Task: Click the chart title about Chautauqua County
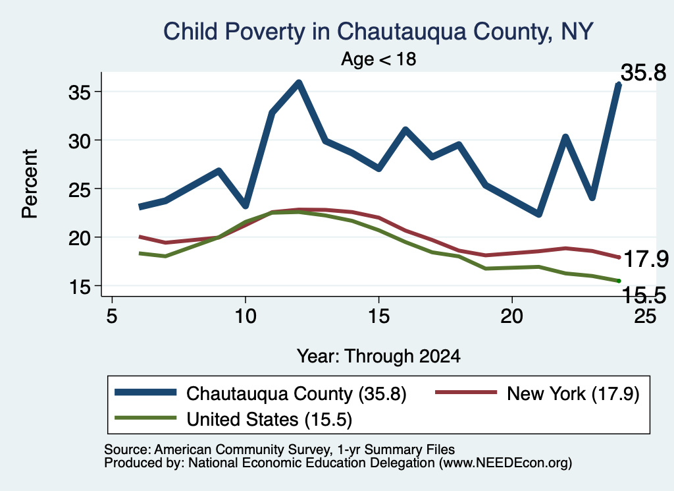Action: [x=378, y=32]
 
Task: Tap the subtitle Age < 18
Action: [x=378, y=59]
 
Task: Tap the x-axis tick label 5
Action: [x=112, y=316]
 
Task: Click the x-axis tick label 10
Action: [x=246, y=316]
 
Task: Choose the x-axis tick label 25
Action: [x=645, y=316]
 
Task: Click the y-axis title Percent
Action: [x=30, y=184]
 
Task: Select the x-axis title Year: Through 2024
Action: [x=378, y=357]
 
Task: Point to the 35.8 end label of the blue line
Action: [x=644, y=72]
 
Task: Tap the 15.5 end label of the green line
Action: [x=644, y=295]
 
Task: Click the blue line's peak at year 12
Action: [x=299, y=82]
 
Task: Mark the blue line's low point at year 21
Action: [x=538, y=214]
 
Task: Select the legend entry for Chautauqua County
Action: [x=261, y=393]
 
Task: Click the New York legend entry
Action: [x=538, y=393]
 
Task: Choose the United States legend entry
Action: [x=234, y=419]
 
